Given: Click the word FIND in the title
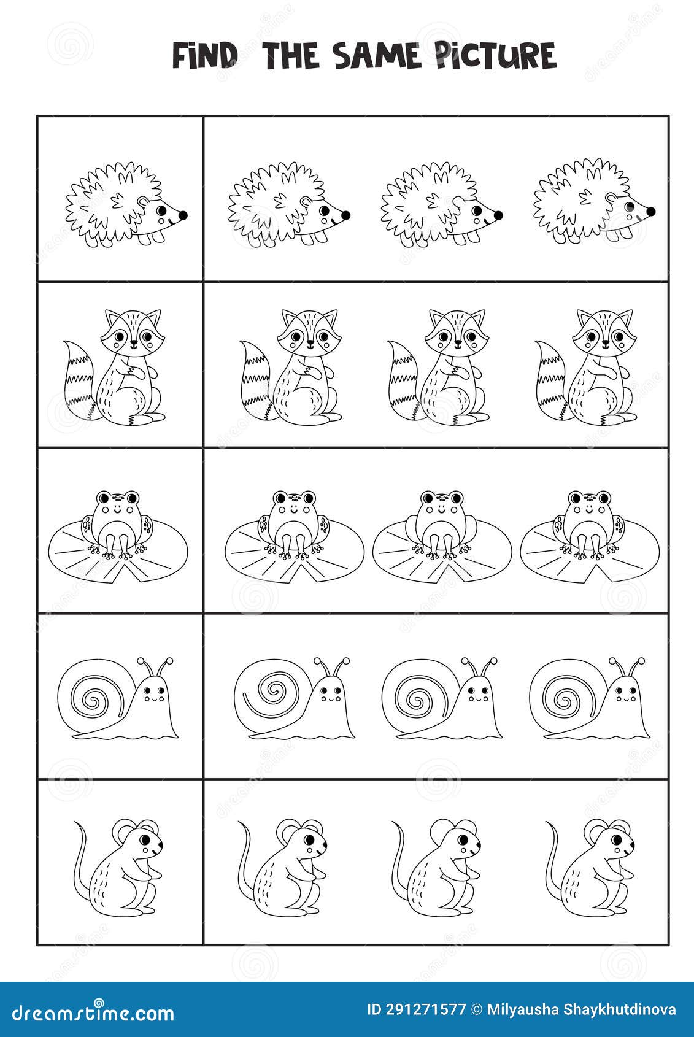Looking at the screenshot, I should point(204,56).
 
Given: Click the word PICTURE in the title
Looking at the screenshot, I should point(496,56).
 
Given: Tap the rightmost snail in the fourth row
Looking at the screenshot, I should point(589,699).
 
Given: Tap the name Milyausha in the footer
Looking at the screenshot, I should point(517,1009).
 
